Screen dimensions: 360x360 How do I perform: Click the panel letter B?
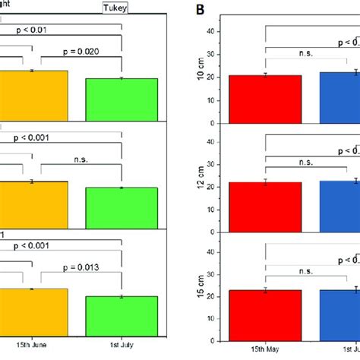pos(201,10)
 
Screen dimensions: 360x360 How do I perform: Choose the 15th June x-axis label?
pos(31,345)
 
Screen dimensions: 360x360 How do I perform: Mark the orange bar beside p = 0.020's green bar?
pos(33,96)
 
